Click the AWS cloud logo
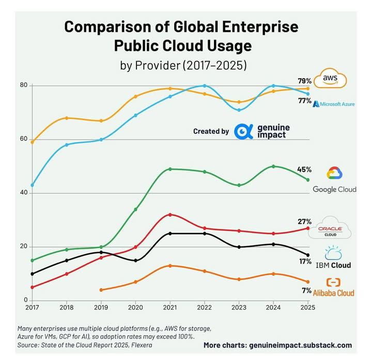(x=331, y=79)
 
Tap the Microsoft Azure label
(x=334, y=104)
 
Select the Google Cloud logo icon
(x=334, y=174)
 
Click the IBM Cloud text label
(x=334, y=265)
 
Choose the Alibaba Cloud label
(x=333, y=293)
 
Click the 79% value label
(x=304, y=81)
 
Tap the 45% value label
(x=304, y=170)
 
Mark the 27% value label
(x=304, y=221)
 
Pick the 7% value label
(x=306, y=290)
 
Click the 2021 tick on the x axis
(x=170, y=307)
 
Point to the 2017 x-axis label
(x=32, y=307)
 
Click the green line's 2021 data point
(x=170, y=169)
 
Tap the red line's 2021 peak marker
(x=170, y=215)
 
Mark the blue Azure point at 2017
(x=32, y=185)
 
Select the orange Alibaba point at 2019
(x=101, y=290)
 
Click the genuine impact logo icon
(x=243, y=131)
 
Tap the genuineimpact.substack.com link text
(x=301, y=345)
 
